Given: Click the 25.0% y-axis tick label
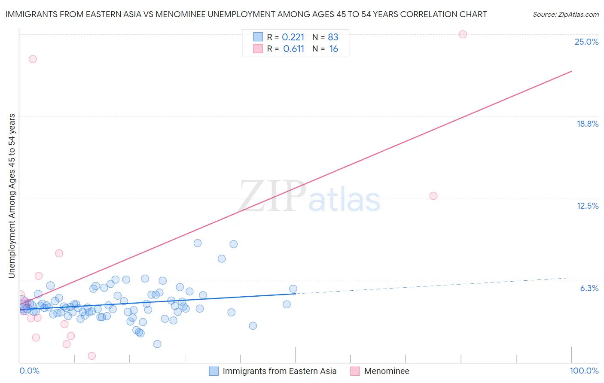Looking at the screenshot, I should (x=586, y=42).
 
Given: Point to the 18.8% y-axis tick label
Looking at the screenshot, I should (x=587, y=124).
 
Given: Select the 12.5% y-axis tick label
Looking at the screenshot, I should (x=587, y=206).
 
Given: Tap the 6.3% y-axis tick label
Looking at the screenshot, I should (x=589, y=288).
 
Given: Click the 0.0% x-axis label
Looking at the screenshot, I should (x=29, y=371).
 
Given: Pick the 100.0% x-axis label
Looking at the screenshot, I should (x=584, y=371).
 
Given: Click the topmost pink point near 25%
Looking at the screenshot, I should (x=463, y=34).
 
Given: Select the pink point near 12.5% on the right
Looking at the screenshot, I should (x=433, y=196).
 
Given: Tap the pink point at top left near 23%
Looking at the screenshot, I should (x=33, y=59).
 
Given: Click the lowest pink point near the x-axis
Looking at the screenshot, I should (x=92, y=356).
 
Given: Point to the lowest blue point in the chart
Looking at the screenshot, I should (x=157, y=344).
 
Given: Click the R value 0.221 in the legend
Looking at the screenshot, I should (x=293, y=37).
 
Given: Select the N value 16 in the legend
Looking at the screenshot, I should (x=334, y=49).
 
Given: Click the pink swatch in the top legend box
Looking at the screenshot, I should (x=258, y=49).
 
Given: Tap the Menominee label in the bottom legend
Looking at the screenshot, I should (x=387, y=371).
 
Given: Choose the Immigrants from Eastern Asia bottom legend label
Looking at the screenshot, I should (x=279, y=371).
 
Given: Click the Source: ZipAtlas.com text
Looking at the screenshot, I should (x=565, y=15).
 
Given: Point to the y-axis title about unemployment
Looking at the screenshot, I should (x=12, y=195).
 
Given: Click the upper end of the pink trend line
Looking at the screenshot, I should (x=571, y=71).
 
